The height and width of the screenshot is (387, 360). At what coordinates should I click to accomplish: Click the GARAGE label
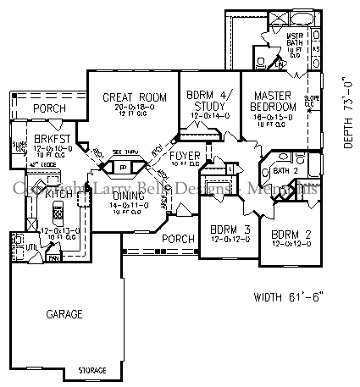tap(64, 314)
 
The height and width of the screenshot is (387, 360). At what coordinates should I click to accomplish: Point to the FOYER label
tap(184, 157)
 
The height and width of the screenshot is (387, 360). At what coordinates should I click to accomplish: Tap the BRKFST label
tap(49, 138)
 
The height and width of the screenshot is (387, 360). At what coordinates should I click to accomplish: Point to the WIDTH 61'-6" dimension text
tap(289, 297)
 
